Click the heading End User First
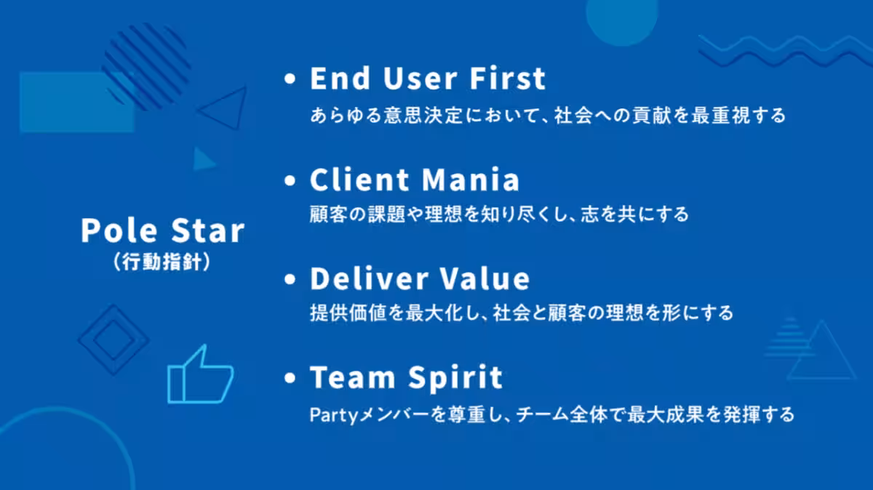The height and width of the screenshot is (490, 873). click(428, 79)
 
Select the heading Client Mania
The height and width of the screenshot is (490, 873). click(415, 180)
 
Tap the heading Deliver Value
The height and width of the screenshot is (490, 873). click(420, 278)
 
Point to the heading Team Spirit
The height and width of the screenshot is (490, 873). click(406, 377)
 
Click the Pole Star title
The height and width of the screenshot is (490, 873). click(163, 230)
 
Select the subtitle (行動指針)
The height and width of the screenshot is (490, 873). click(162, 262)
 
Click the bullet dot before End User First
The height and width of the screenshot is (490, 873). click(290, 79)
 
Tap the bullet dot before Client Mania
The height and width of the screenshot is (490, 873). click(290, 180)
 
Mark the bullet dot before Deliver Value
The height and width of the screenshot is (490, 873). click(290, 279)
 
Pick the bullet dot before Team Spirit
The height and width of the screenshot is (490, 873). click(290, 377)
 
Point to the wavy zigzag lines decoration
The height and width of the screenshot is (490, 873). click(785, 51)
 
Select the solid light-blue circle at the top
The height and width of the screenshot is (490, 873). click(622, 20)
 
